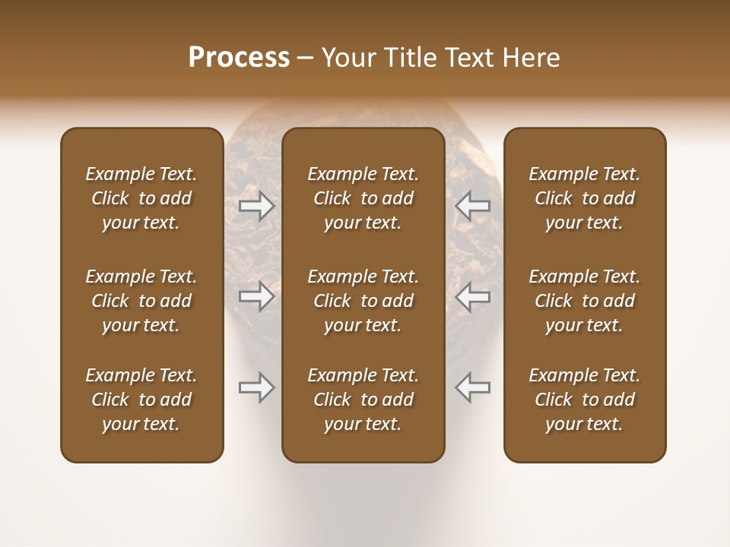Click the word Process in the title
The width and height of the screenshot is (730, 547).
click(239, 58)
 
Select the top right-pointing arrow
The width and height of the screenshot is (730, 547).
click(256, 206)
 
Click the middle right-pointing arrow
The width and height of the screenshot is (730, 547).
click(256, 296)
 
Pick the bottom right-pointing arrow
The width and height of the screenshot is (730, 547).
click(256, 387)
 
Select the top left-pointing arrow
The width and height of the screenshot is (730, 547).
click(473, 206)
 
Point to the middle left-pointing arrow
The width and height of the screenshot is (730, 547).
click(473, 296)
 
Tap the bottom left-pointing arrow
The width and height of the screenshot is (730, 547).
click(473, 387)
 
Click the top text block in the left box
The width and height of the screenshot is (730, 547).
click(141, 198)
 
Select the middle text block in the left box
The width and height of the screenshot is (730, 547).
click(141, 301)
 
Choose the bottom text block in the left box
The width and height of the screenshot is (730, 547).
click(141, 400)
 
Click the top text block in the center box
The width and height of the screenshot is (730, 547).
click(363, 198)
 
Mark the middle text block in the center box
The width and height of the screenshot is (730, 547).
click(363, 301)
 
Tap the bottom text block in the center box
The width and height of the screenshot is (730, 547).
click(363, 400)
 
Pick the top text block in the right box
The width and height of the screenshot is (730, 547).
click(584, 198)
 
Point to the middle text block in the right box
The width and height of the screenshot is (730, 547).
click(584, 301)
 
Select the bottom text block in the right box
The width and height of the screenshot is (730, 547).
click(584, 400)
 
